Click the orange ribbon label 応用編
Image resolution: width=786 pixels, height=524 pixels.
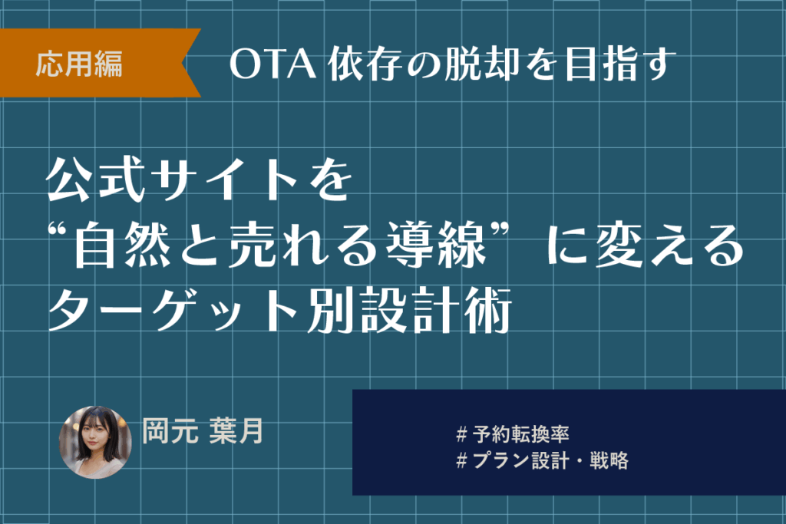click(x=79, y=64)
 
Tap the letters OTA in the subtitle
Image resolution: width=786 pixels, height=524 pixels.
click(x=273, y=64)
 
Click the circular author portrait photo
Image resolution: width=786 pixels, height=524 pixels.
click(x=95, y=442)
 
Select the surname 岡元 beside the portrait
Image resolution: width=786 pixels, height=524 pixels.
click(x=170, y=431)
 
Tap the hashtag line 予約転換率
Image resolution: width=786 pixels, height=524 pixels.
click(x=513, y=434)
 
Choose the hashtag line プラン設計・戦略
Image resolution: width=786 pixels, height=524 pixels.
click(x=543, y=460)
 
